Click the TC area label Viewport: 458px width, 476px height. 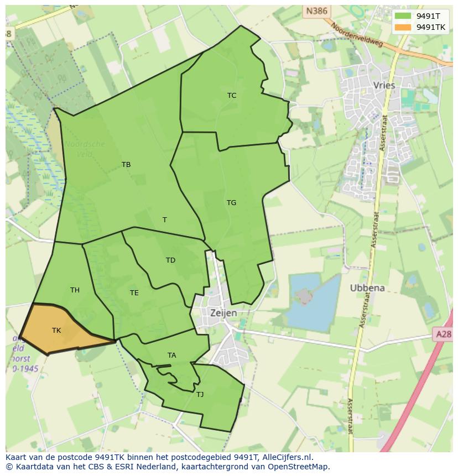click(x=232, y=96)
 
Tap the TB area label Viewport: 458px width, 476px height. click(x=126, y=165)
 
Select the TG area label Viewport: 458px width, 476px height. click(x=231, y=203)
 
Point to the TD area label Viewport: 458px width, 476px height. click(x=170, y=260)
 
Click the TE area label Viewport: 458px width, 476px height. click(x=134, y=293)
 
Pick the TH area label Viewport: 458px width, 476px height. click(x=75, y=290)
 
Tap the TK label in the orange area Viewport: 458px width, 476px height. click(x=56, y=331)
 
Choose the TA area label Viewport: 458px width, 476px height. click(x=171, y=355)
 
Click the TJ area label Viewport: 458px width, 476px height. click(x=200, y=395)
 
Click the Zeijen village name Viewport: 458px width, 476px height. click(x=223, y=313)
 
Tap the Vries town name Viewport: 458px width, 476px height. click(x=384, y=86)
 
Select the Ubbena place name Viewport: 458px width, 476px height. click(x=367, y=288)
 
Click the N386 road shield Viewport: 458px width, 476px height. click(x=316, y=11)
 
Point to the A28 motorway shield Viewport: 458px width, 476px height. click(x=443, y=334)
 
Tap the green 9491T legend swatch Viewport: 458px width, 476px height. click(x=402, y=16)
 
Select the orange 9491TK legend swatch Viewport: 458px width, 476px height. click(x=402, y=27)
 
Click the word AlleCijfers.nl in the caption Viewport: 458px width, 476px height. click(x=287, y=457)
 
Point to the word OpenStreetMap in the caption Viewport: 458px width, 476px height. click(x=300, y=467)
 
